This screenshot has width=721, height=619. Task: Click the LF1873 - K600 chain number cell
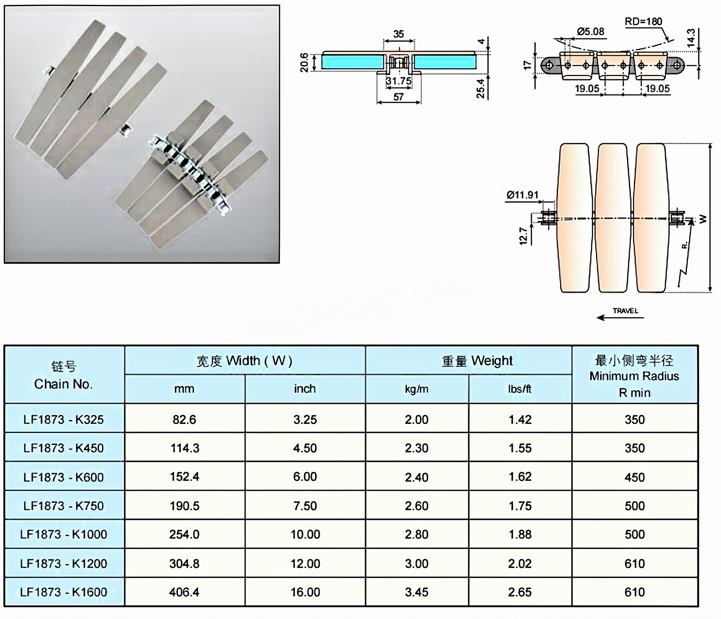click(64, 477)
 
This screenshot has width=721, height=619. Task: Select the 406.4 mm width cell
click(184, 592)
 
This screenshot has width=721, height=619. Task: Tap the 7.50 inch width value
click(305, 506)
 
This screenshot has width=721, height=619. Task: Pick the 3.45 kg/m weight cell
click(416, 592)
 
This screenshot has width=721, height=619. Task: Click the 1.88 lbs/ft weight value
click(520, 534)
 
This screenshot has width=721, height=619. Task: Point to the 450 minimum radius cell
click(634, 477)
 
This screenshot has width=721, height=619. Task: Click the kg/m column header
click(416, 389)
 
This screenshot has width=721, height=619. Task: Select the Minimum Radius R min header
click(634, 376)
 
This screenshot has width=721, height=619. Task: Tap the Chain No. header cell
click(64, 375)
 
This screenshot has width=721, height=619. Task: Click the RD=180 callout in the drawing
click(643, 21)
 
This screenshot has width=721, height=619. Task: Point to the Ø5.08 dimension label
click(590, 31)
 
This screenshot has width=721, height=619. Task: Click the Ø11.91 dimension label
click(522, 195)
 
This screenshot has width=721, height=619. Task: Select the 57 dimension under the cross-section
click(398, 97)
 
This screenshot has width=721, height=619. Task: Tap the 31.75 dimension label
click(398, 81)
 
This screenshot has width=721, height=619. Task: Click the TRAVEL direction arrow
click(620, 317)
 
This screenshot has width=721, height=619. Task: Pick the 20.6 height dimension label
click(304, 62)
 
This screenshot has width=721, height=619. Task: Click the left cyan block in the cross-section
click(353, 62)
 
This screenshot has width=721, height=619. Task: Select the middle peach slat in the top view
click(612, 218)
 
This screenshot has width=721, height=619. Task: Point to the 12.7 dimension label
click(523, 236)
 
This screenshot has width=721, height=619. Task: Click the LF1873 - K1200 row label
click(64, 563)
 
